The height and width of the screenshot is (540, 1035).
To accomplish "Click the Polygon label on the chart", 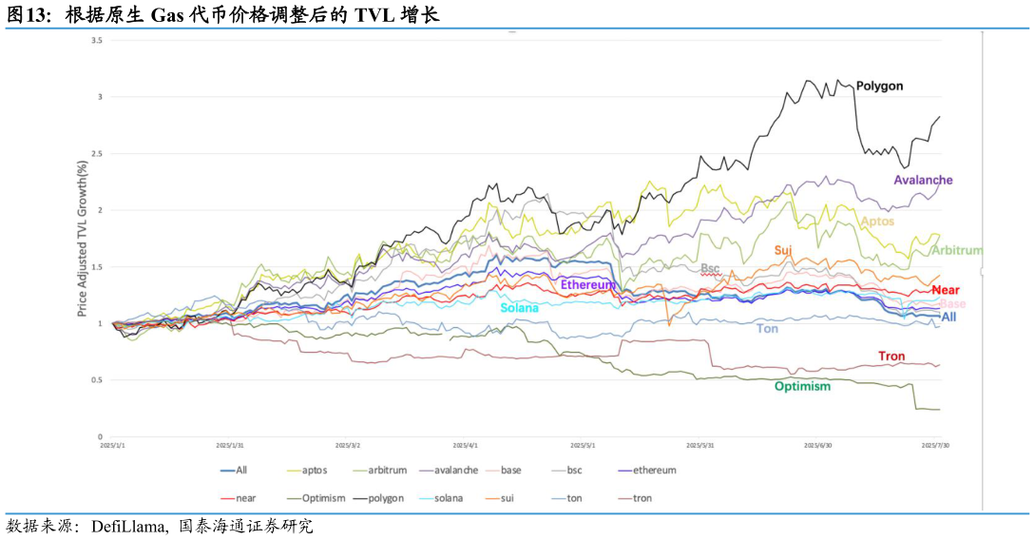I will click(x=879, y=87).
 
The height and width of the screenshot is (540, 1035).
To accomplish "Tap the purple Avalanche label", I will click(x=923, y=180).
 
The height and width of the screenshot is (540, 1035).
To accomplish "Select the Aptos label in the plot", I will click(x=876, y=222).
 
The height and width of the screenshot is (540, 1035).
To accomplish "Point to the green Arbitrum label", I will click(x=956, y=251).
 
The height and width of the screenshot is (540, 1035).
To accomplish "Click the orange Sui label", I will click(x=783, y=251).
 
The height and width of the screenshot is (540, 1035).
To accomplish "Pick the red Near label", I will click(x=946, y=290).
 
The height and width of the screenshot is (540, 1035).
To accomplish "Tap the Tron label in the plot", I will click(x=891, y=357).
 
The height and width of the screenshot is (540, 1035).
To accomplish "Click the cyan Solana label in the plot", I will click(x=519, y=308).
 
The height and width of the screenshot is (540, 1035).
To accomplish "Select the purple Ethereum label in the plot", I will click(x=589, y=284).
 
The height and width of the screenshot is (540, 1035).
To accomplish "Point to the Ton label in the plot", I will click(x=767, y=329).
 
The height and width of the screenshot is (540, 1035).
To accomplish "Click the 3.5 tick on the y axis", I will click(x=97, y=40).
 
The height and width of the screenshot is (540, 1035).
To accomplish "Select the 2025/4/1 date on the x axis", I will click(x=465, y=445).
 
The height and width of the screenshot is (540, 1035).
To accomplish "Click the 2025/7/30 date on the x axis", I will click(x=936, y=445).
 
